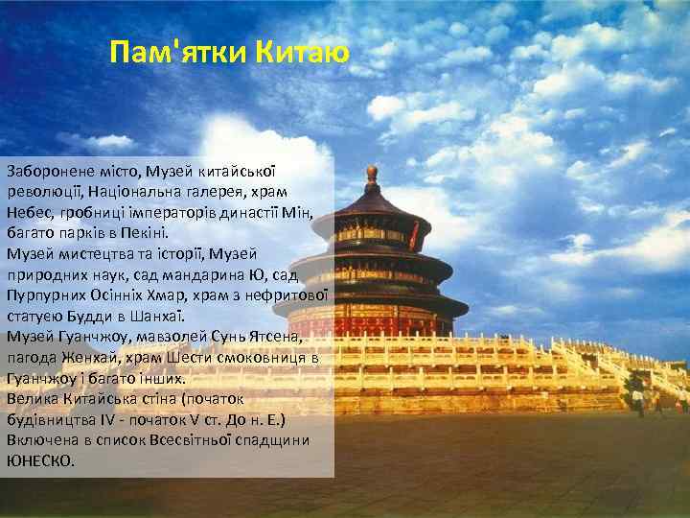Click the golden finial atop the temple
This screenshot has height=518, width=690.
[372, 174]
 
